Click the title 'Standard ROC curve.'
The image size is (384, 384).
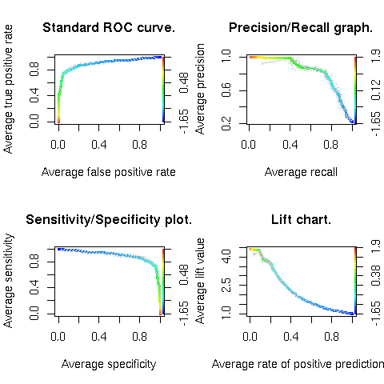click(x=109, y=29)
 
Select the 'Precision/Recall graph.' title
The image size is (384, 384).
click(x=301, y=29)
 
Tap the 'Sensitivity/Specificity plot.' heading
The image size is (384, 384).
click(x=109, y=220)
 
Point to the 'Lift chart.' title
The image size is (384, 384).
click(x=301, y=220)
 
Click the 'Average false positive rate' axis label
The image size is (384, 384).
click(x=109, y=172)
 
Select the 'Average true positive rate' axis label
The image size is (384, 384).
click(x=9, y=90)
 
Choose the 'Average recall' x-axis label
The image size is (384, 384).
click(x=301, y=172)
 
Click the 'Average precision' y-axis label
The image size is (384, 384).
click(x=201, y=90)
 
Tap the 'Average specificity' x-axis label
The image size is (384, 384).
click(x=109, y=364)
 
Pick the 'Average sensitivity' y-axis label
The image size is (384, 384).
click(x=9, y=281)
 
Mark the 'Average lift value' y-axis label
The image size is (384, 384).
click(x=201, y=281)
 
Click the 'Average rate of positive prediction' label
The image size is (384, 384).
click(x=298, y=364)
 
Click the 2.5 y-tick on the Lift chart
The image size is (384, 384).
click(x=226, y=281)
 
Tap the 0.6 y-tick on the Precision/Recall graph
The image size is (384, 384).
click(x=226, y=90)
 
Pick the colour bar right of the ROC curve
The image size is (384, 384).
click(x=164, y=90)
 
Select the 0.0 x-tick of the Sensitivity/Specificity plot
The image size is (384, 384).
click(x=58, y=338)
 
